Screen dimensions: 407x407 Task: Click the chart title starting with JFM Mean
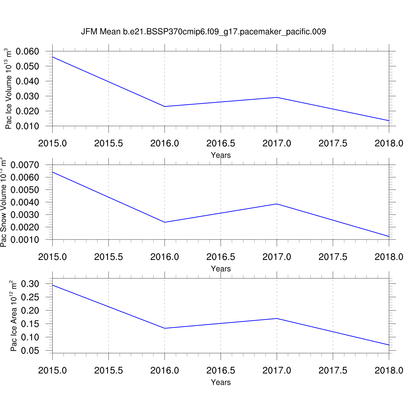tap(203, 32)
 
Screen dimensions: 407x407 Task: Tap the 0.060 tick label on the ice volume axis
tap(27, 51)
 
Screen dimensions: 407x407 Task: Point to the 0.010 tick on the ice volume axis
tap(27, 126)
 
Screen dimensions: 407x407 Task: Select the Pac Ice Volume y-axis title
tap(9, 88)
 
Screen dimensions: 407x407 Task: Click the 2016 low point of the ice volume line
tap(165, 106)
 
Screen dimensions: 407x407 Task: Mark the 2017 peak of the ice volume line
tap(277, 97)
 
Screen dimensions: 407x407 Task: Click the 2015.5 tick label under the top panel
tap(109, 143)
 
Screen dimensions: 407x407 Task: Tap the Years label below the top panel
tap(221, 155)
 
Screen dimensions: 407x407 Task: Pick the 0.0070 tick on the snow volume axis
tap(25, 165)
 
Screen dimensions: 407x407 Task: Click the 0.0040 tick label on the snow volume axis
tap(25, 202)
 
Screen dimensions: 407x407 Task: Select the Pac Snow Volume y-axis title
tap(3, 202)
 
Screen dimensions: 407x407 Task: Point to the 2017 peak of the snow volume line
tap(277, 204)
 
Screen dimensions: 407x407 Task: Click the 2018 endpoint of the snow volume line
tap(389, 236)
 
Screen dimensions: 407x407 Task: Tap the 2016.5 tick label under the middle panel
tap(221, 257)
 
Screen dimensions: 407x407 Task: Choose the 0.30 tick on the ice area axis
tap(30, 284)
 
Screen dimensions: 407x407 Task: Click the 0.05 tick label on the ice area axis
tap(30, 351)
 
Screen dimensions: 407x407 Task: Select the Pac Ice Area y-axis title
tap(14, 316)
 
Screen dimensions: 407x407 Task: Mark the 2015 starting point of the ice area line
tap(53, 285)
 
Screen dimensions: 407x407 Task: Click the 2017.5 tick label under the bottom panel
tap(333, 370)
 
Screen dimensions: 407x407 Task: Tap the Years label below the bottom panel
tap(221, 382)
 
